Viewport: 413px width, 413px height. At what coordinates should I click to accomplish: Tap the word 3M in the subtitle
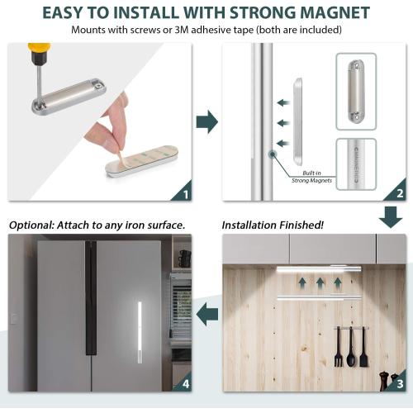click(182, 30)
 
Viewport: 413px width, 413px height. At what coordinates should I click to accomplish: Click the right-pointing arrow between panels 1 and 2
click(207, 122)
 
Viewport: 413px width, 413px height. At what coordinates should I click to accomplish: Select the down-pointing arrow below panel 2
click(391, 217)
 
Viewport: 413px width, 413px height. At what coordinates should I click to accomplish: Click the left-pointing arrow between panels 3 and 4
click(207, 314)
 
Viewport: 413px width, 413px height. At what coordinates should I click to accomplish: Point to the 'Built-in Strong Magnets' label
click(311, 177)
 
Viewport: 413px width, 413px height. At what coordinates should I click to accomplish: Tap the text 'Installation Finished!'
click(273, 225)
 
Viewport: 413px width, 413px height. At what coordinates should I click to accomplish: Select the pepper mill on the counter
click(384, 382)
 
